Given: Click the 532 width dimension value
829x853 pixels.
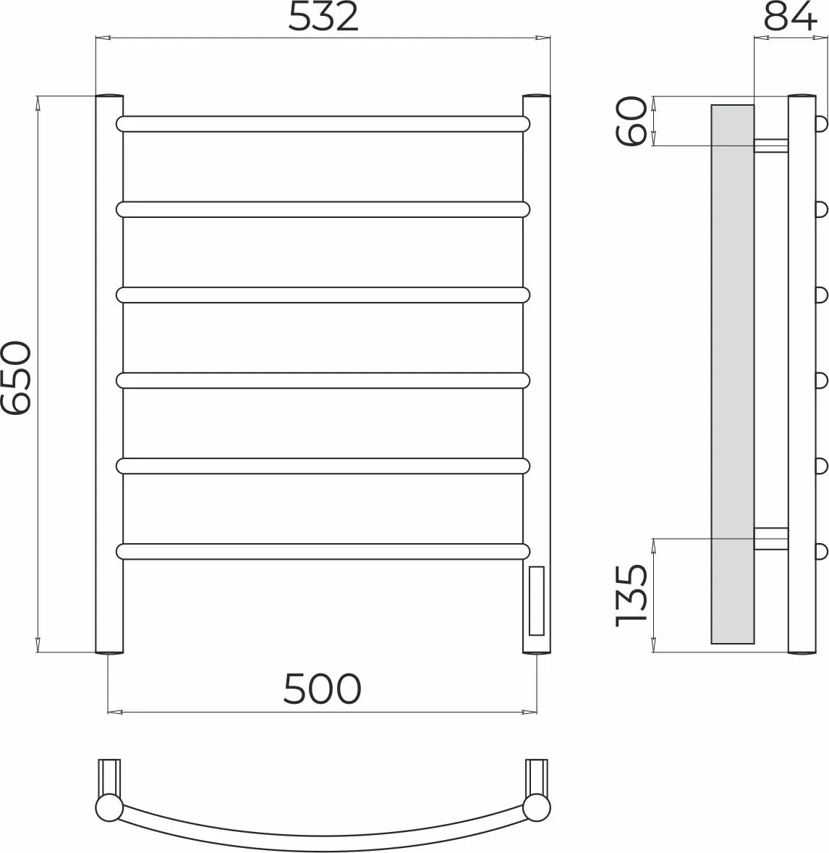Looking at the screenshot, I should [x=323, y=18].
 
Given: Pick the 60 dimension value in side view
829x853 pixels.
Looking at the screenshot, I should [x=631, y=121].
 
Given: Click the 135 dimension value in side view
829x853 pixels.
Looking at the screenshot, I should [x=631, y=595].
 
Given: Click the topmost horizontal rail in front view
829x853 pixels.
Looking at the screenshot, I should [x=322, y=123].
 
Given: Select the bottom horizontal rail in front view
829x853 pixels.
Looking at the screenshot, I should [x=322, y=552].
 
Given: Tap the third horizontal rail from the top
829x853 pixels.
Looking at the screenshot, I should [x=322, y=295].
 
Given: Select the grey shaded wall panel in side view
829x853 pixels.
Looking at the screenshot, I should [x=733, y=374].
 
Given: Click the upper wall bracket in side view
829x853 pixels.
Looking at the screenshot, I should [x=771, y=145].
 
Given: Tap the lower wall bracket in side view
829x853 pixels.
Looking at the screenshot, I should [x=771, y=539].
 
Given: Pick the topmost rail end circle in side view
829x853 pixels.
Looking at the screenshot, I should [x=821, y=123].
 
